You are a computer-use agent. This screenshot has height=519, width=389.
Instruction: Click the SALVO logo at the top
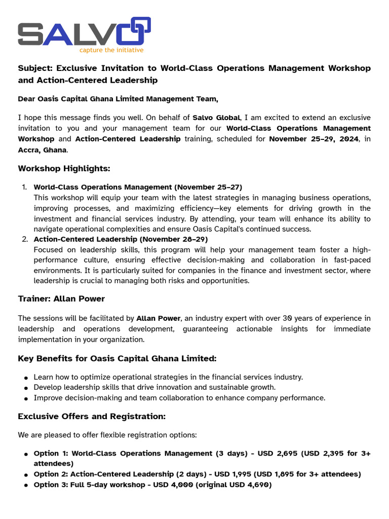(x=84, y=32)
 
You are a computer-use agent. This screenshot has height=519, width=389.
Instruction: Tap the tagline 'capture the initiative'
(x=111, y=50)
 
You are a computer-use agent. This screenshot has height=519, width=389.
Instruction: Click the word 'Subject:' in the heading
(x=35, y=68)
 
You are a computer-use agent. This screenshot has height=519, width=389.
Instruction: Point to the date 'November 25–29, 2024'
(x=314, y=139)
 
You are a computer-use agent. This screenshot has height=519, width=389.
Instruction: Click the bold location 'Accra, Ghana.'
(x=43, y=150)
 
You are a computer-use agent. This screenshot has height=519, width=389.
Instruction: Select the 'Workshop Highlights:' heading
(x=64, y=168)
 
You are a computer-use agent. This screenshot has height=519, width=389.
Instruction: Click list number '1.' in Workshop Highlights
(x=24, y=188)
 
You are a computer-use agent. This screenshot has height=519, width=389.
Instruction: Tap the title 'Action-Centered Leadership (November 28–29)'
(x=121, y=239)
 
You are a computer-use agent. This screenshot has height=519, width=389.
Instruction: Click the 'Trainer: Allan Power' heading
(x=61, y=299)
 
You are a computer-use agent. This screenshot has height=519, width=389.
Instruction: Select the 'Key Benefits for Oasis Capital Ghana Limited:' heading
(x=117, y=359)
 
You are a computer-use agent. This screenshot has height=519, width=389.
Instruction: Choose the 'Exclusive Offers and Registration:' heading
(x=92, y=417)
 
